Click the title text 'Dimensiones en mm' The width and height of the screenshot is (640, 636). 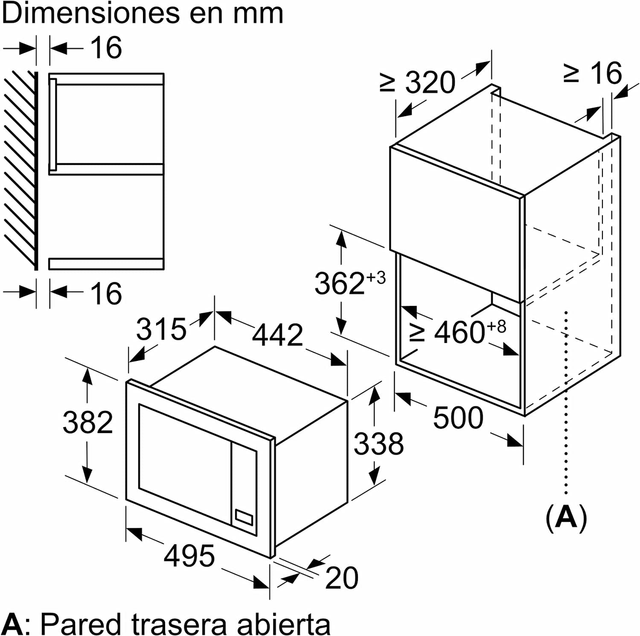[143, 14]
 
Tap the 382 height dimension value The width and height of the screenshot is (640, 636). [88, 422]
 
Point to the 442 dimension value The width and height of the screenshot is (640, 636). [277, 335]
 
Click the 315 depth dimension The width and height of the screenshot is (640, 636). [161, 329]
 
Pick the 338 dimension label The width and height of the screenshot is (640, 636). [378, 444]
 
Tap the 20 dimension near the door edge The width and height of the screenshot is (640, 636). [341, 577]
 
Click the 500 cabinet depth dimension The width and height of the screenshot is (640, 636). [458, 418]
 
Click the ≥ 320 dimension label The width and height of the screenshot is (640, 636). [418, 82]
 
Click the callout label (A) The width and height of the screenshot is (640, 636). [566, 518]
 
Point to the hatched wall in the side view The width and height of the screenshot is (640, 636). [20, 170]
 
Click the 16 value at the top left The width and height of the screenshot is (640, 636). [106, 48]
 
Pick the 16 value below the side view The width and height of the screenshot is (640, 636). [106, 293]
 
